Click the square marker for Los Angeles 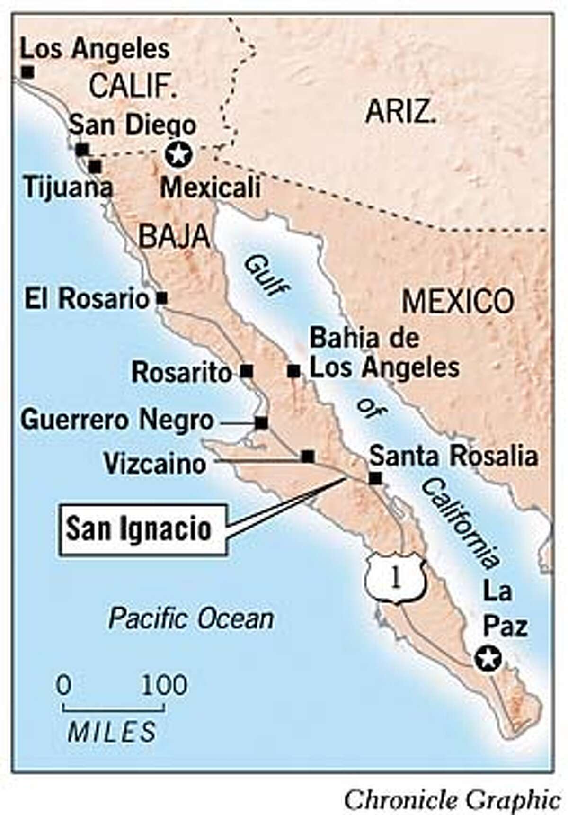pos(28,72)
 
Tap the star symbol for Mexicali pos(178,154)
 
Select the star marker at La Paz pos(488,658)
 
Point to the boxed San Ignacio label pos(142,529)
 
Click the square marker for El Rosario pos(162,298)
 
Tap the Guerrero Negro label pos(117,421)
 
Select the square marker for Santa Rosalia pos(375,478)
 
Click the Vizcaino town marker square pos(308,456)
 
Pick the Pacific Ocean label pos(191,619)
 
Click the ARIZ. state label pos(400,113)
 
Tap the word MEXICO pos(457,301)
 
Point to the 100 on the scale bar pos(164,685)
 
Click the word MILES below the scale pos(112,732)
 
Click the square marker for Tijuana pos(95,167)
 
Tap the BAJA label pos(174,236)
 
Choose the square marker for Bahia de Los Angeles pos(293,371)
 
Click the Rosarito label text pos(182,372)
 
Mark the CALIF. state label pos(133,87)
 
